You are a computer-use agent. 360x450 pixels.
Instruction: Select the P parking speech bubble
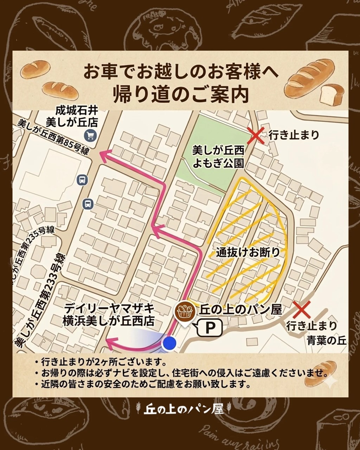click(x=210, y=328)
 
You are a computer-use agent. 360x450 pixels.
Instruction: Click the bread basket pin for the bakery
click(x=185, y=311)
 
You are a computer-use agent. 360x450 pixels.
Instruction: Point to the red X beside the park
click(x=256, y=136)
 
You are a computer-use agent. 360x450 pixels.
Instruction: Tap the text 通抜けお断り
click(x=248, y=252)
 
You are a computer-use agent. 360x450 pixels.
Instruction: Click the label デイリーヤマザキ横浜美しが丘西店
click(x=109, y=315)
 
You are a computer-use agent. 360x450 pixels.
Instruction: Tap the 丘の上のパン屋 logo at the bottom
click(x=184, y=409)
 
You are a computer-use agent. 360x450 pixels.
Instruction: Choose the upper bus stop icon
click(x=82, y=180)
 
